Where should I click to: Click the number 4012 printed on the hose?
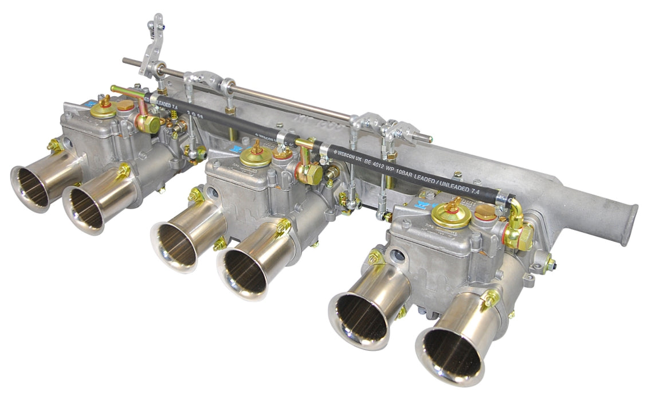tap(392, 171)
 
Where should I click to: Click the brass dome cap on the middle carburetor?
tap(256, 157)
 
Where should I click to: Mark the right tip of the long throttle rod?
tap(430, 138)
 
